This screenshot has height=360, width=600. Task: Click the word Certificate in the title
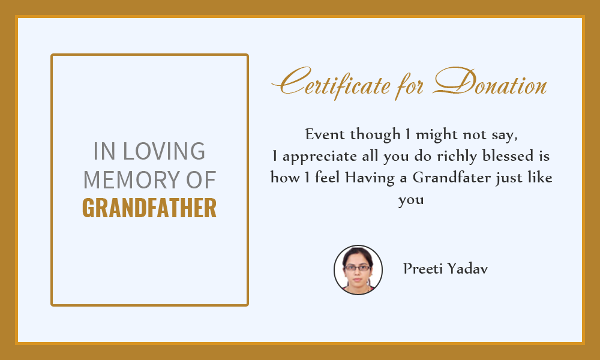pyautogui.click(x=331, y=82)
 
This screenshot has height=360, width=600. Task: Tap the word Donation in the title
pyautogui.click(x=490, y=81)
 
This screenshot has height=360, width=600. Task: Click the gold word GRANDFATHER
pyautogui.click(x=149, y=208)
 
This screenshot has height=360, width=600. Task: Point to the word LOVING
pyautogui.click(x=164, y=151)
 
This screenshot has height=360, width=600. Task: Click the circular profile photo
pyautogui.click(x=358, y=270)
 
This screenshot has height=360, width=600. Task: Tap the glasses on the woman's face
pyautogui.click(x=358, y=268)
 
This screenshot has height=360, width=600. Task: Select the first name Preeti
pyautogui.click(x=423, y=269)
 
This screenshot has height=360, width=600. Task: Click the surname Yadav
pyautogui.click(x=467, y=269)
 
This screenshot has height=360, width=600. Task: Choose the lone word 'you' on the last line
pyautogui.click(x=411, y=200)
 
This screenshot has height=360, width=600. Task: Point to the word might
pyautogui.click(x=437, y=134)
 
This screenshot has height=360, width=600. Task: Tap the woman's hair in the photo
pyautogui.click(x=357, y=253)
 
